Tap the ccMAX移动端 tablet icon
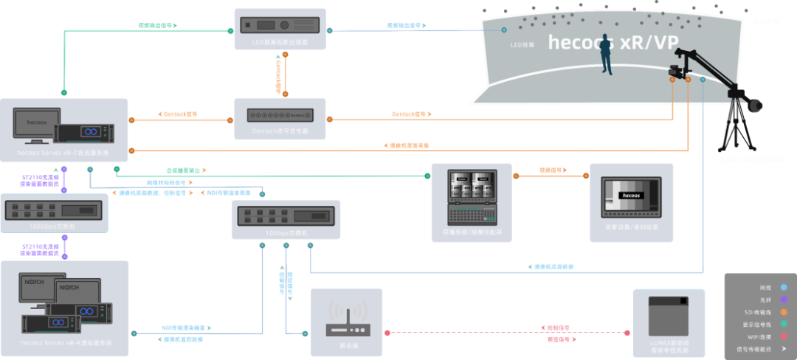point(669,317)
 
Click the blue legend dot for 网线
point(783,287)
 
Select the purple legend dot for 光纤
point(783,300)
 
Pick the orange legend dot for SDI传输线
point(783,312)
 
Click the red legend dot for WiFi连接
point(783,337)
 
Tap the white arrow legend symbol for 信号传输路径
point(783,350)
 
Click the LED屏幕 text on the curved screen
point(522,44)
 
